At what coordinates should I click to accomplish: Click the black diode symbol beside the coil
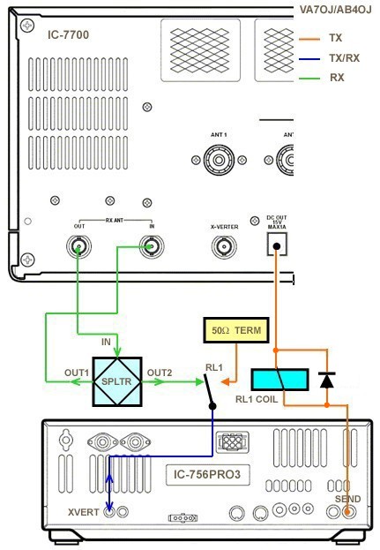[327, 380]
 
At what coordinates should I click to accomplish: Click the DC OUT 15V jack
[277, 246]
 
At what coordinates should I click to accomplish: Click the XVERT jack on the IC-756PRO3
[108, 511]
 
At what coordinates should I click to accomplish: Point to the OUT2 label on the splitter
[160, 372]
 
